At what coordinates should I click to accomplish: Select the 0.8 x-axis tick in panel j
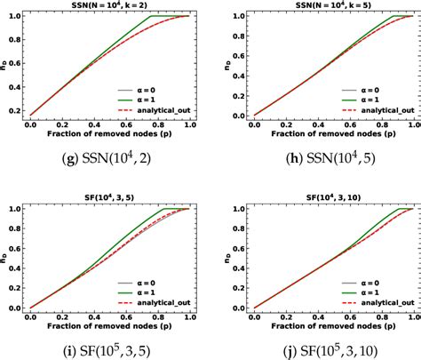coord(377,314)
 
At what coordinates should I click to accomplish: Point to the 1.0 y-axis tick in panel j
coord(224,209)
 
